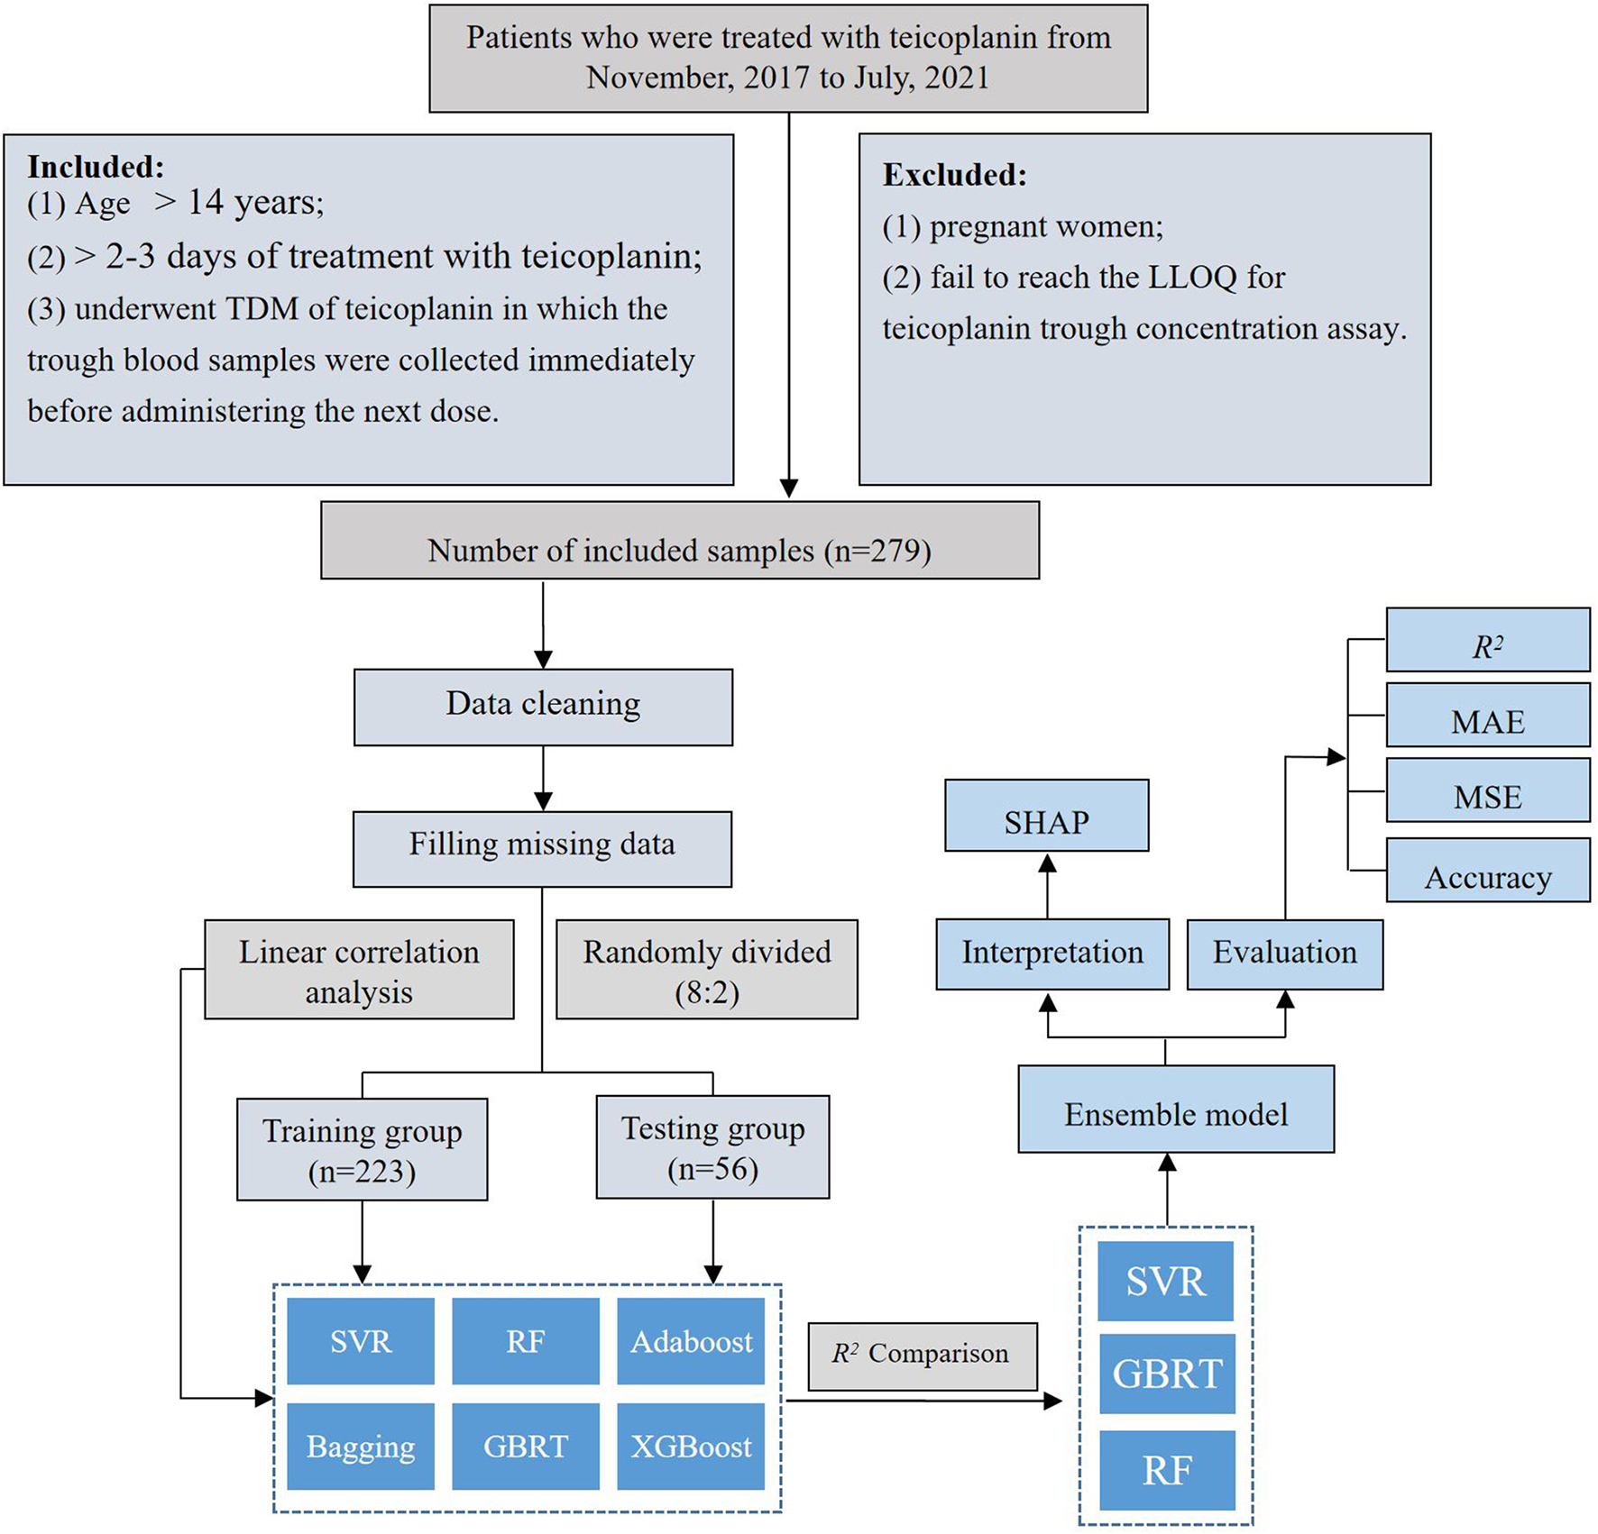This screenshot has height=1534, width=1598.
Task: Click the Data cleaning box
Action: coord(543,707)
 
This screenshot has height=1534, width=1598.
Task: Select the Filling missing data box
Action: coord(542,848)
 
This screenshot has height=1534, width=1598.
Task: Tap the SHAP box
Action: coord(1046,816)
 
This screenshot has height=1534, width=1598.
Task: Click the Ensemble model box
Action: coord(1175,1109)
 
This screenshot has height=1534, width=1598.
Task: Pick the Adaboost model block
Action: coord(691,1341)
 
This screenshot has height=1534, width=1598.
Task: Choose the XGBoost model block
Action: coord(691,1446)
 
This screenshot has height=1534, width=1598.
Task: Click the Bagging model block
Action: coord(361,1446)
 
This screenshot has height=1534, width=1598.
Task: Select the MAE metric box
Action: coord(1487,716)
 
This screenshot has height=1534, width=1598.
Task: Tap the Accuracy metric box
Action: coord(1487,871)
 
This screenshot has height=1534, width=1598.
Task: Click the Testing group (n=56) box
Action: coord(712,1147)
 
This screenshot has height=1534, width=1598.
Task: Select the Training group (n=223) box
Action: coord(362,1149)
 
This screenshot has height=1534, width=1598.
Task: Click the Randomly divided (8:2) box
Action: coord(706,970)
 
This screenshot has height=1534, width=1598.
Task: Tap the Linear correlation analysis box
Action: coord(359,970)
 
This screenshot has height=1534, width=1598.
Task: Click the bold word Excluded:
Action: coord(954,175)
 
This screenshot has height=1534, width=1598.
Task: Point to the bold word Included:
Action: coord(96,167)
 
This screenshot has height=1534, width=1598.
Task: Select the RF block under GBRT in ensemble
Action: coord(1167,1470)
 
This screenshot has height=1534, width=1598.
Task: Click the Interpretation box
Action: coord(1052,954)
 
